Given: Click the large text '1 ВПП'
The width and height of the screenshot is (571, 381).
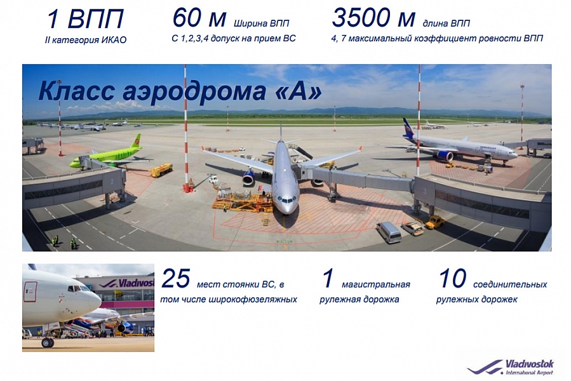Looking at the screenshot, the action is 86,19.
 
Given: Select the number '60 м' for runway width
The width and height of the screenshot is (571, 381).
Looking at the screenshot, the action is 199,18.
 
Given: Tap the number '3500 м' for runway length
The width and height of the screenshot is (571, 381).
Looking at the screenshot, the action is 373,18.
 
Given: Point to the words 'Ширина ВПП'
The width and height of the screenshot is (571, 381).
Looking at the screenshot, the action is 262,23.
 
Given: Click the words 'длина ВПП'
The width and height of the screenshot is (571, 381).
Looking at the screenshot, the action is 446,23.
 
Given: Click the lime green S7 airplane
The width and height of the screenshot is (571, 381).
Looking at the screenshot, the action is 107,156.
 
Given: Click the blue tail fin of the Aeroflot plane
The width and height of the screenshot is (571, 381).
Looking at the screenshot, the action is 409,127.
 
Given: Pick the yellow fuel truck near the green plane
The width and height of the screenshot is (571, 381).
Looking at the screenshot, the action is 162,170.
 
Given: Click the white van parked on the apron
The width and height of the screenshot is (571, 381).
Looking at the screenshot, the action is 389,232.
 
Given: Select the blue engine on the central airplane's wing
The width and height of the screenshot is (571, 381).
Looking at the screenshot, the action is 249,177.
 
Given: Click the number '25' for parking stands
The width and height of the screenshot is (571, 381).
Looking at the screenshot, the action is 176,279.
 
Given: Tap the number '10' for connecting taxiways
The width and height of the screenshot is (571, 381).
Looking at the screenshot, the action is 453,279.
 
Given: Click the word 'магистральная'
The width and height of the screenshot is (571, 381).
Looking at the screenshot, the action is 376,284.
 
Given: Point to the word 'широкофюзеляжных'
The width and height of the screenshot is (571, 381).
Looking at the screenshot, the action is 253,300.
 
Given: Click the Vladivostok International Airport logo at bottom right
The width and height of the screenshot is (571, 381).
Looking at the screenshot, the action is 511,367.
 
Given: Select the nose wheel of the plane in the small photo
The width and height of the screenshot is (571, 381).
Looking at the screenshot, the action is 48,342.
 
